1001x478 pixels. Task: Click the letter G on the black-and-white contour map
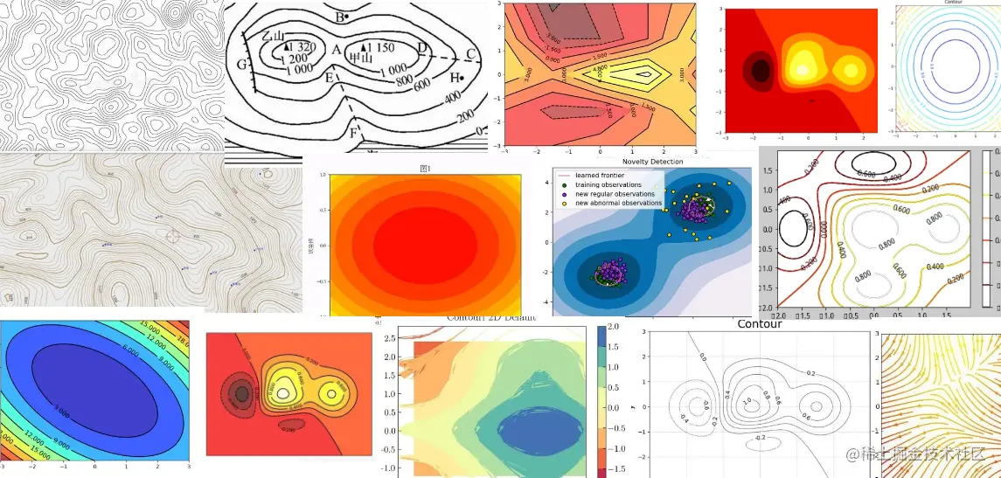pyautogui.click(x=241, y=63)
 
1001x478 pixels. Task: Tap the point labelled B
pyautogui.click(x=346, y=17)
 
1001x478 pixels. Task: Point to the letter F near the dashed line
pyautogui.click(x=354, y=134)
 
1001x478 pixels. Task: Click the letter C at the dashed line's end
pyautogui.click(x=470, y=54)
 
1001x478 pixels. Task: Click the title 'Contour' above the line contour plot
pyautogui.click(x=759, y=324)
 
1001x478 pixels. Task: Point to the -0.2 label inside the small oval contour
pyautogui.click(x=760, y=437)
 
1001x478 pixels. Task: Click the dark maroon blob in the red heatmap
pyautogui.click(x=761, y=69)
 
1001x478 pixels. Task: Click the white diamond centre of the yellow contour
pyautogui.click(x=644, y=74)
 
